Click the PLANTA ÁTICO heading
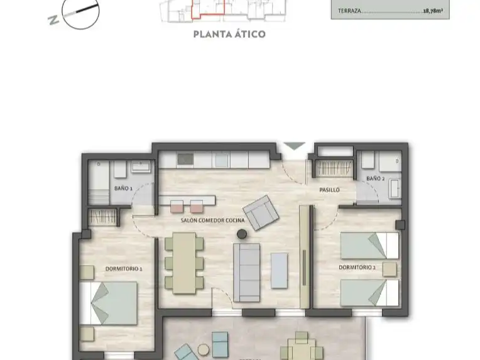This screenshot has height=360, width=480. pyautogui.click(x=229, y=34)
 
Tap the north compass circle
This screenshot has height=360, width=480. pyautogui.click(x=80, y=11)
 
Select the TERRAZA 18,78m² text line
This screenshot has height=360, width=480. pyautogui.click(x=390, y=11)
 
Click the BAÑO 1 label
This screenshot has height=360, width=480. pyautogui.click(x=123, y=188)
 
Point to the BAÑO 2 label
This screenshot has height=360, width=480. pyautogui.click(x=375, y=178)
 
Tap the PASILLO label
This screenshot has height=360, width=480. pyautogui.click(x=329, y=190)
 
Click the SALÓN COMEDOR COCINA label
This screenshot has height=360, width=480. pyautogui.click(x=212, y=220)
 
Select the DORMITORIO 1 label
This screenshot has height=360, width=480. pyautogui.click(x=124, y=269)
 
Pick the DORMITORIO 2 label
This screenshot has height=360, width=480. pyautogui.click(x=357, y=267)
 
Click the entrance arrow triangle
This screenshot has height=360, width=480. pyautogui.click(x=295, y=146)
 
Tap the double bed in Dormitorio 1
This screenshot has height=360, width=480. pyautogui.click(x=108, y=303)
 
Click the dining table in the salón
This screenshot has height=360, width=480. pyautogui.click(x=184, y=263)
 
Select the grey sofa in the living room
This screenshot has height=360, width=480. pyautogui.click(x=247, y=273)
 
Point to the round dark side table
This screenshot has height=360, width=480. pyautogui.click(x=242, y=234)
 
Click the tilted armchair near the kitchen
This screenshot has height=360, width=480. pyautogui.click(x=261, y=212)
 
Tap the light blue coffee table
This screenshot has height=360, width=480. pyautogui.click(x=279, y=270)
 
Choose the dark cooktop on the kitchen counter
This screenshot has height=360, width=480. pyautogui.click(x=185, y=159)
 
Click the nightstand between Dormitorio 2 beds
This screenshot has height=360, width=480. pyautogui.click(x=390, y=269)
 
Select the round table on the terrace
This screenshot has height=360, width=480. pyautogui.click(x=203, y=349)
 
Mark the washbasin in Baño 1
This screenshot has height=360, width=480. pyautogui.click(x=141, y=166)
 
